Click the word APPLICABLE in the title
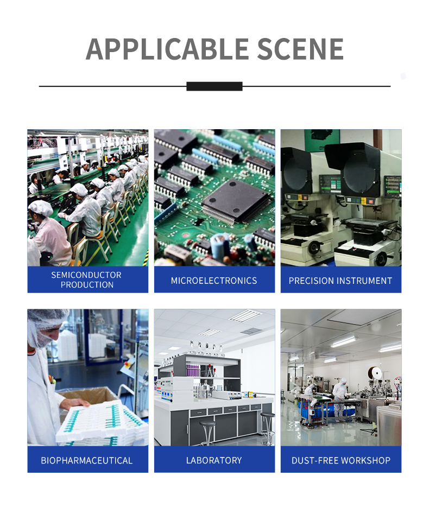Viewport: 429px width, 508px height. click(x=167, y=49)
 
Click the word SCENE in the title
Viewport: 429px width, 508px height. click(x=300, y=49)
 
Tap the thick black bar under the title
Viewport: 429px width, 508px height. click(x=214, y=86)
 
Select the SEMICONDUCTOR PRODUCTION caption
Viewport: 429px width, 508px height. click(x=86, y=280)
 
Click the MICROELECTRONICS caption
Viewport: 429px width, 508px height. click(x=214, y=281)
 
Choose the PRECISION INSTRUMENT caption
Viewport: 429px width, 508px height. click(x=340, y=281)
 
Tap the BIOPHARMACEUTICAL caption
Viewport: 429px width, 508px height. click(x=86, y=460)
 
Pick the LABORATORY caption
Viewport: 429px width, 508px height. click(x=214, y=460)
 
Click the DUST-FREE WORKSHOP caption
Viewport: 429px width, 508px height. click(x=341, y=460)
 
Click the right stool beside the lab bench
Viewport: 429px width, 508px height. click(x=268, y=428)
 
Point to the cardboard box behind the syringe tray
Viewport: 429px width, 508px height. click(x=87, y=397)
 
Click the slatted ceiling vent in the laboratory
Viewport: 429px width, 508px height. click(x=245, y=316)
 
